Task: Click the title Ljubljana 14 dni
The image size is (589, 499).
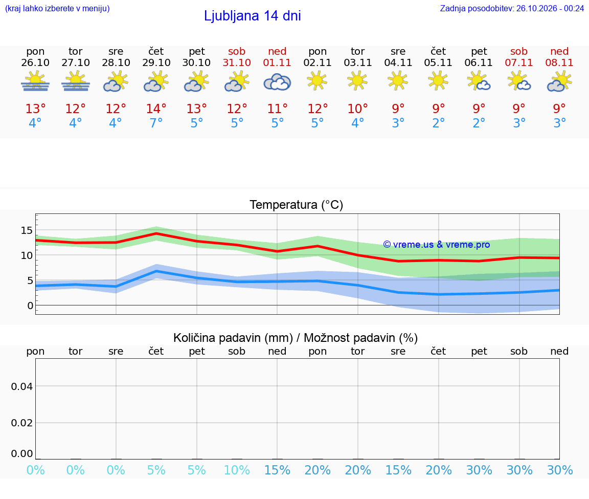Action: tap(253, 16)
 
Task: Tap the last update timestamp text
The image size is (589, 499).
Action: tap(512, 9)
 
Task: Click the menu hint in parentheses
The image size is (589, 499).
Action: tap(57, 9)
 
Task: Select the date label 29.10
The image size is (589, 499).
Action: tap(156, 62)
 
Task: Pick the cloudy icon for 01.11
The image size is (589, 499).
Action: tap(277, 82)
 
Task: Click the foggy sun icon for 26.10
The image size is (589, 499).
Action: tap(35, 81)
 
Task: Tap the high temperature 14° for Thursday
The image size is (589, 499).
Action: tap(156, 109)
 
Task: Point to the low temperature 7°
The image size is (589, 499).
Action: tap(156, 123)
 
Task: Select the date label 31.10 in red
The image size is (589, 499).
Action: tap(237, 62)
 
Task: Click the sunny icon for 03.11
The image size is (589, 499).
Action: tap(357, 81)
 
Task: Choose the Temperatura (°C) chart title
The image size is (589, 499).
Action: tap(297, 205)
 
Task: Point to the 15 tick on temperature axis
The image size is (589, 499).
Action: tap(27, 230)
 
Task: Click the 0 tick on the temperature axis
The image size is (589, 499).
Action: tap(30, 306)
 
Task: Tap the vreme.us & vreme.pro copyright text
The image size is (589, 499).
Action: tap(437, 245)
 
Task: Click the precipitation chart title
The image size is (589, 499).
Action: tap(296, 338)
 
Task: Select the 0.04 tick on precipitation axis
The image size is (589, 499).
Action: tap(22, 386)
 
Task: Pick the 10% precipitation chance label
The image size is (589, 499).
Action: tap(237, 470)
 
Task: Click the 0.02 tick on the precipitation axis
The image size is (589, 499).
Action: tap(22, 423)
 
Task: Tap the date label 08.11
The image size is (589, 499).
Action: tap(559, 62)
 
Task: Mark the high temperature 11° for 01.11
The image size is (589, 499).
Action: tap(277, 109)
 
